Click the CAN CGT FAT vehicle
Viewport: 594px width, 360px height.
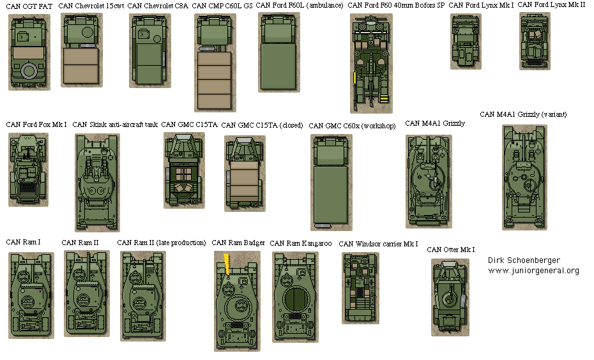click(x=29, y=50)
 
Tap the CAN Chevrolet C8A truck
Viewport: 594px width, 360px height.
click(x=149, y=50)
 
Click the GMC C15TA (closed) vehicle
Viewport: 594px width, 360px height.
click(x=245, y=173)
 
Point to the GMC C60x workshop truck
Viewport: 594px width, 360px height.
click(x=330, y=182)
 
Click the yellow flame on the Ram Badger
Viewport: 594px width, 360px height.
click(x=226, y=264)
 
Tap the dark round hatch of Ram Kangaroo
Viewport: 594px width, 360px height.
click(x=295, y=297)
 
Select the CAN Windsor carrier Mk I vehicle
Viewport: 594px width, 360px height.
click(x=360, y=287)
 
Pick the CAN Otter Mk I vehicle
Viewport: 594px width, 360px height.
click(x=450, y=297)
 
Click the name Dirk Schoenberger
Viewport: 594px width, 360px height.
click(x=523, y=260)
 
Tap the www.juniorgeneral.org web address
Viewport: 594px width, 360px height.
click(x=533, y=271)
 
